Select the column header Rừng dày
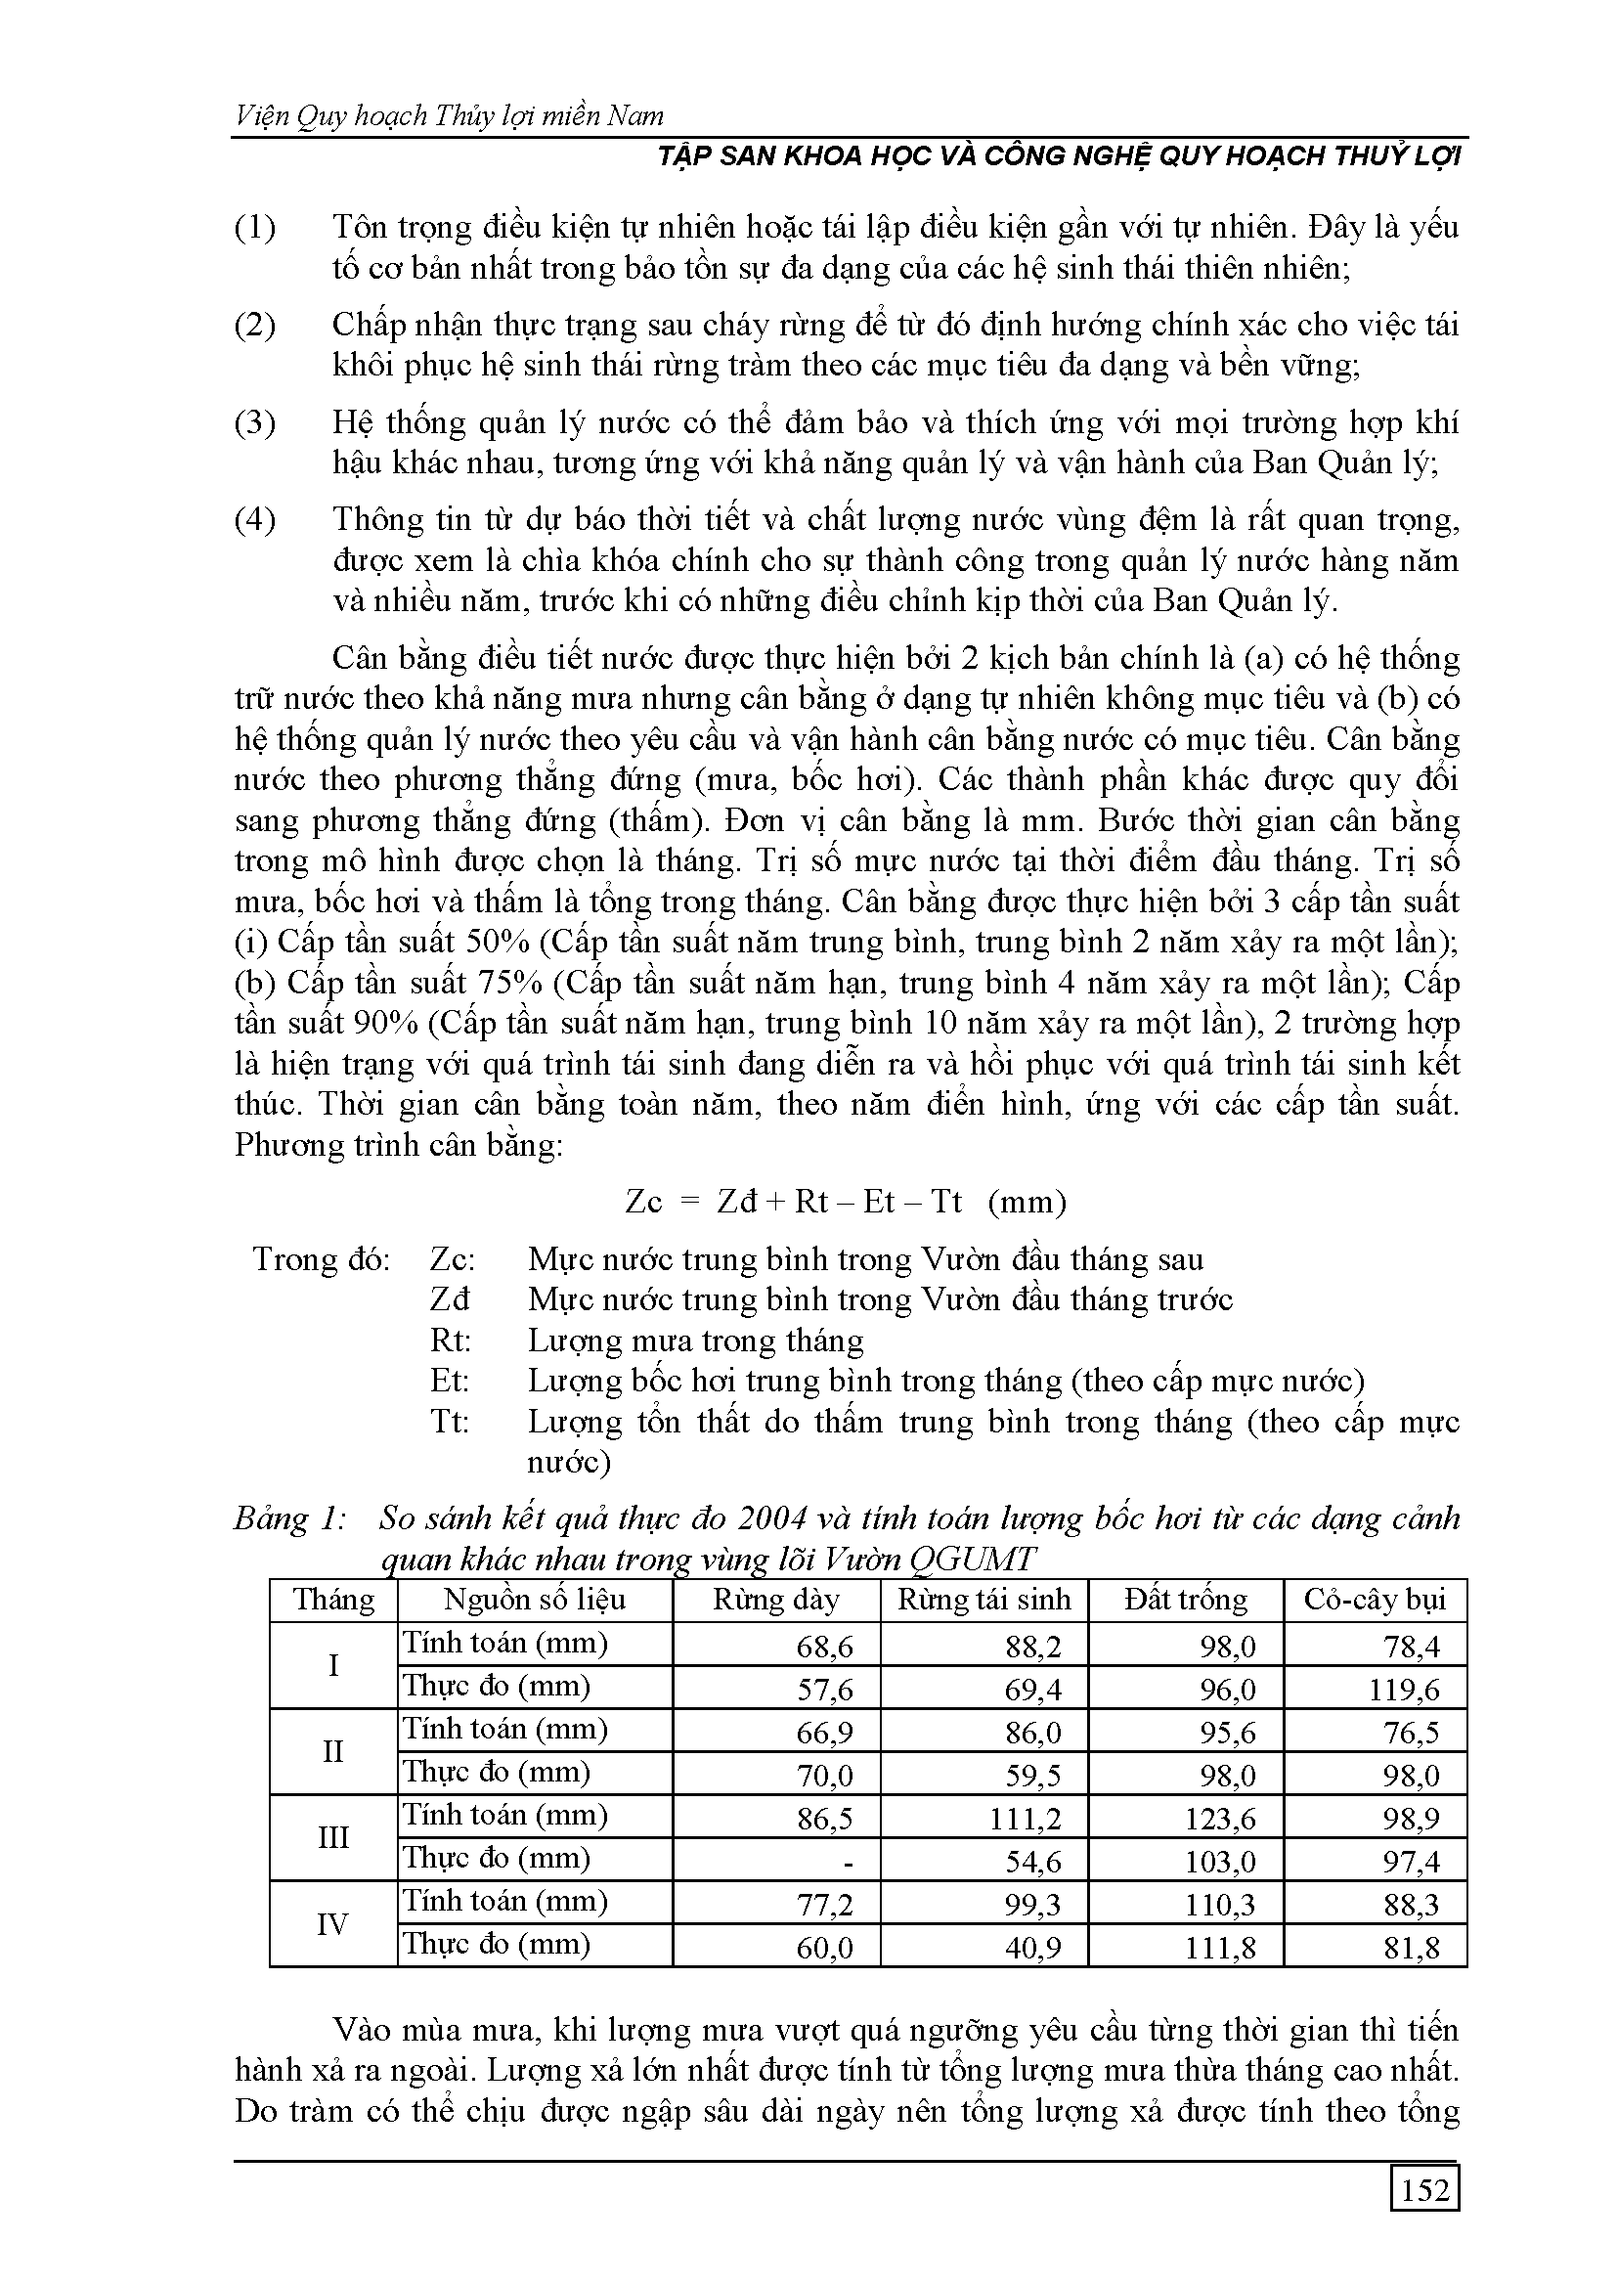point(775,1600)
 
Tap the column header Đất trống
point(1185,1600)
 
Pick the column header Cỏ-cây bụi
point(1374,1600)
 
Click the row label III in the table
point(332,1838)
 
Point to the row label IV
point(332,1924)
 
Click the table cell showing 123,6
point(1222,1819)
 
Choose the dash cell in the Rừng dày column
point(847,1861)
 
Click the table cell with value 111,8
point(1222,1948)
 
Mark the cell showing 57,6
point(824,1690)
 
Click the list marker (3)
point(255,423)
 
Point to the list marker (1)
point(255,228)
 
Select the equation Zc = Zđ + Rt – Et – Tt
point(846,1202)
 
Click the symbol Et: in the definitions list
point(450,1381)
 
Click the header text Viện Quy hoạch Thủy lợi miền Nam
point(449,116)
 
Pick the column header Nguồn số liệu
point(535,1600)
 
